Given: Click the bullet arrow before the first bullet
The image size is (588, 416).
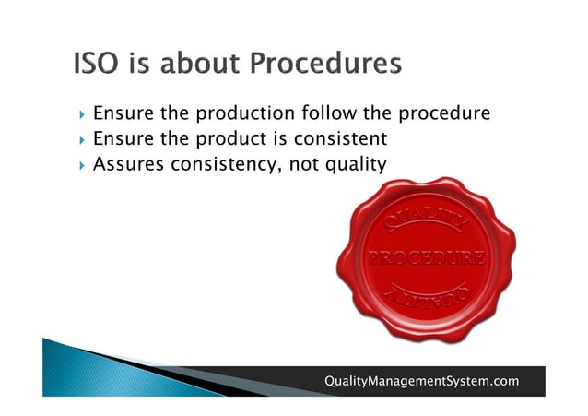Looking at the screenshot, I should (x=83, y=115).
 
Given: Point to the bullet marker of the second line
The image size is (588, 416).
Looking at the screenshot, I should (x=83, y=140).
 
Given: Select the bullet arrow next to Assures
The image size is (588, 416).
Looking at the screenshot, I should (x=83, y=165).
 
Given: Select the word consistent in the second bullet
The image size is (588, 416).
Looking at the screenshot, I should (x=341, y=139).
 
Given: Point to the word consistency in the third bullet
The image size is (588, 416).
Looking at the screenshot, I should (x=218, y=164).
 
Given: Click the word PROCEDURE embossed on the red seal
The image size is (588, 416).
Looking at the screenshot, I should (x=426, y=259).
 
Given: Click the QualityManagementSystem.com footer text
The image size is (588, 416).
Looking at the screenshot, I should (x=421, y=381).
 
